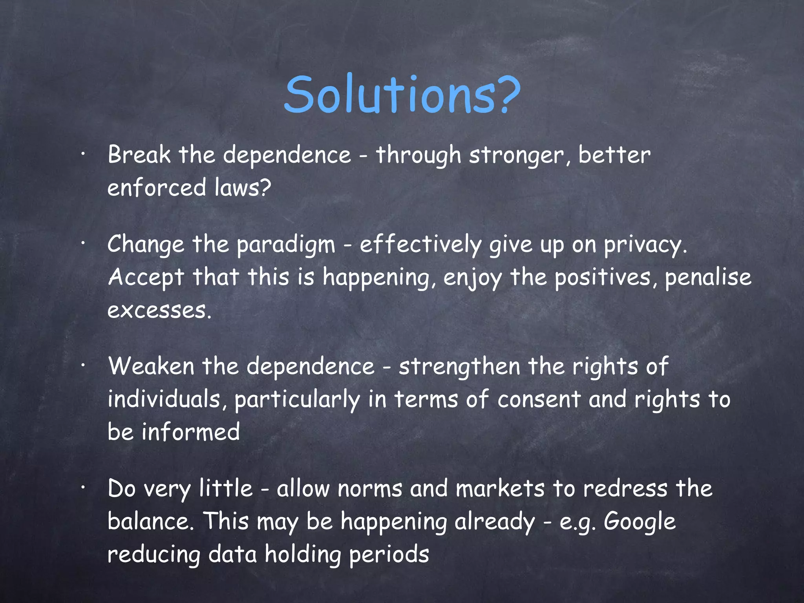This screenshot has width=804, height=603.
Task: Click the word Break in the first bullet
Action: [139, 155]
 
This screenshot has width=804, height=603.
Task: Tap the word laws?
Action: [243, 187]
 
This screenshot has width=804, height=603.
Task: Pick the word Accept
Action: [146, 277]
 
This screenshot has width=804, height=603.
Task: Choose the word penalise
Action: [708, 277]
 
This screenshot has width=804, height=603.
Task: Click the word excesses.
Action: [159, 310]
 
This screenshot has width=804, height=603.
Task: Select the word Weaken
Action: [151, 366]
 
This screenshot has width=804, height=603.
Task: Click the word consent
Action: [539, 400]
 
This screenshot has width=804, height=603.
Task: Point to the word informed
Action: [191, 432]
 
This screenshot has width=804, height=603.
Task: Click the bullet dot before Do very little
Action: [83, 488]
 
